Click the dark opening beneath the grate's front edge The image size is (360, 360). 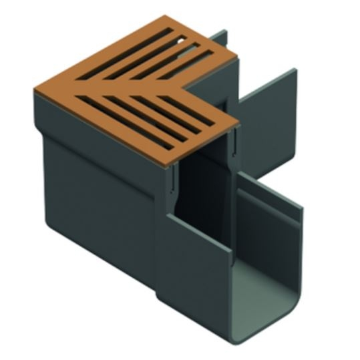point(200,180)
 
